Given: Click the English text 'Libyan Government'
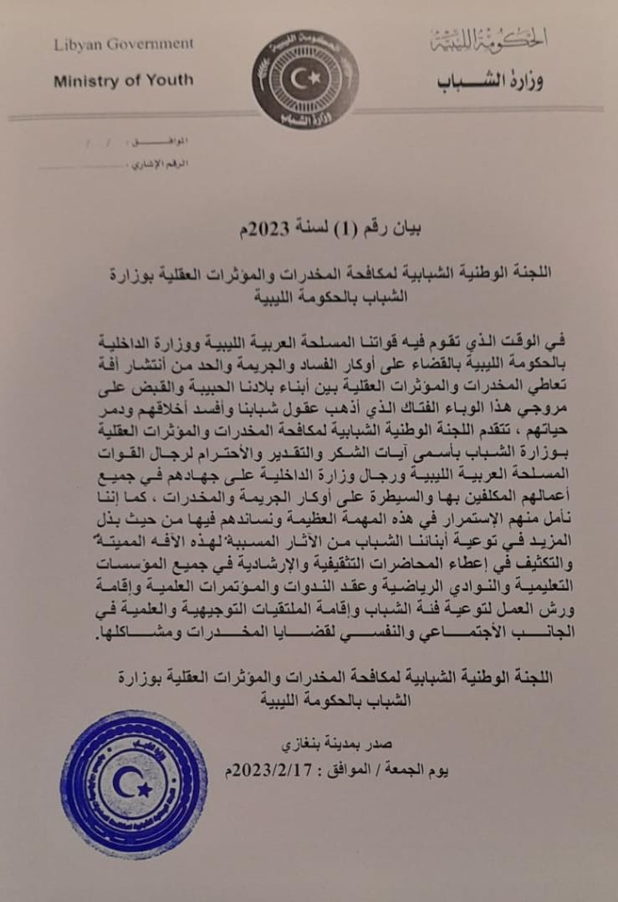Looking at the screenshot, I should [123, 43].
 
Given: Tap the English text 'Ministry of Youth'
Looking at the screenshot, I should [123, 81].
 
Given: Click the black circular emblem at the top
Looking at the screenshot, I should [305, 79].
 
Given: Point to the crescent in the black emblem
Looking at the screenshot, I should [301, 78].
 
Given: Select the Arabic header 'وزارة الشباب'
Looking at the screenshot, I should [490, 81].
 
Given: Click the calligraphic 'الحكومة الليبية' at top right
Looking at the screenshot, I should [488, 38].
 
